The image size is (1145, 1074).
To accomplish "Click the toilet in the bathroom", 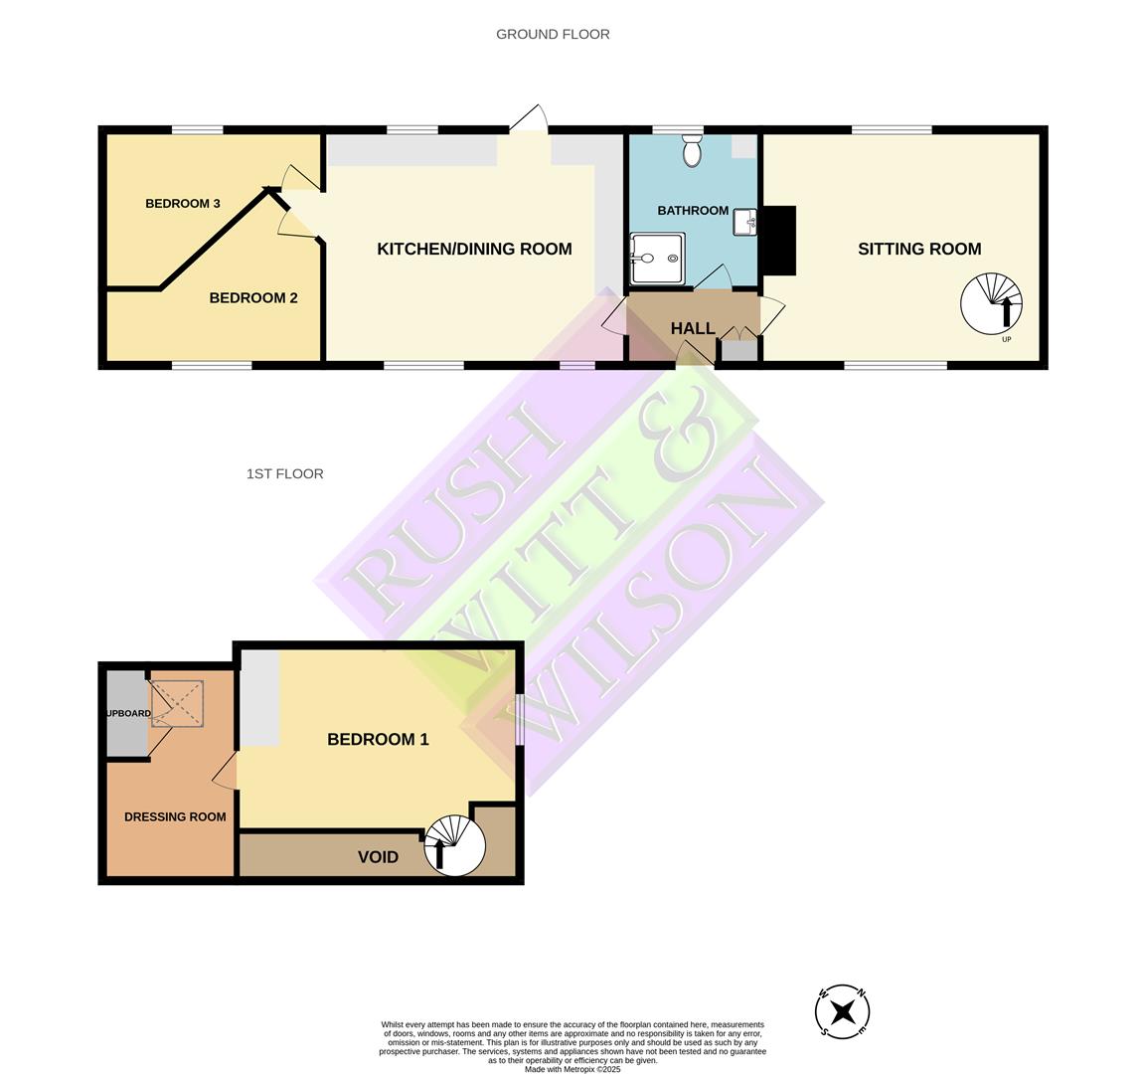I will click(693, 152).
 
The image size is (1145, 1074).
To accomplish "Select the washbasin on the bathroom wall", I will click(745, 223).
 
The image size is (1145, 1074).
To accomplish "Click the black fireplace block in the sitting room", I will click(778, 240).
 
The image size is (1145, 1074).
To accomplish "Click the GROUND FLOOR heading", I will click(553, 34).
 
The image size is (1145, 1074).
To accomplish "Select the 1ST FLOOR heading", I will click(284, 473).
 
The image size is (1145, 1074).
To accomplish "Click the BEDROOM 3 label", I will click(183, 204).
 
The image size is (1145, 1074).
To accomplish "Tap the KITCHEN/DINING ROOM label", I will click(474, 249).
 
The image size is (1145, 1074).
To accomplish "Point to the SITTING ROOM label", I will click(919, 249).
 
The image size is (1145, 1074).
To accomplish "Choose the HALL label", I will click(693, 328).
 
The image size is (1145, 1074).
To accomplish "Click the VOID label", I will click(378, 857).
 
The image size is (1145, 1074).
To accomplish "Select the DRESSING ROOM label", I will click(175, 816).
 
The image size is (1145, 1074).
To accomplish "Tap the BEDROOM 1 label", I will click(378, 739).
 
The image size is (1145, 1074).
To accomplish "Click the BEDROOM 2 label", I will click(253, 297).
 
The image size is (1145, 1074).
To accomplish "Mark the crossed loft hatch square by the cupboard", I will click(177, 703).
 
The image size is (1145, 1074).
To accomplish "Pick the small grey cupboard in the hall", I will click(737, 350).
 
